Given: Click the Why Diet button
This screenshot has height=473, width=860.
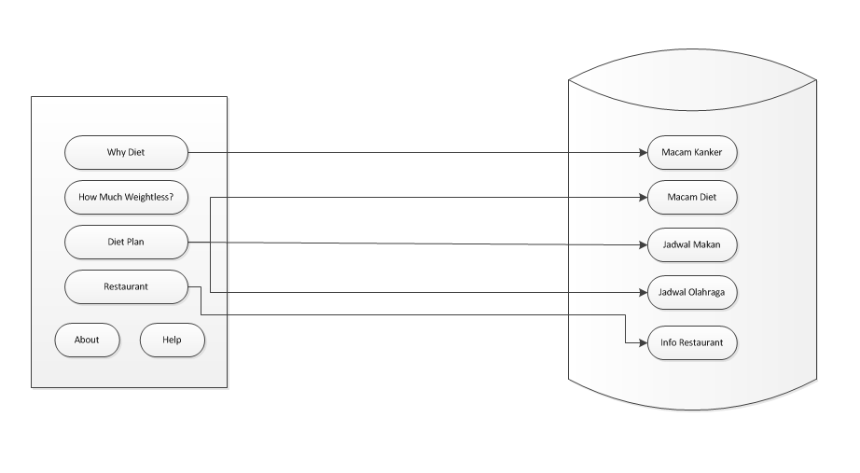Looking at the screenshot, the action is coord(126,152).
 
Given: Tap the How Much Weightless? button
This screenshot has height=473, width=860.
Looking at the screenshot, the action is coord(126,198).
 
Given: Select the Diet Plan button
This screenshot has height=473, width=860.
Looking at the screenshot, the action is coord(126,242).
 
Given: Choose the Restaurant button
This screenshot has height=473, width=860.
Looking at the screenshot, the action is coord(126,286).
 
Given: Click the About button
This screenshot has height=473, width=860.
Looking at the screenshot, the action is coord(87,340).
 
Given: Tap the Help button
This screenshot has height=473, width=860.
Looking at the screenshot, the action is coord(172,340).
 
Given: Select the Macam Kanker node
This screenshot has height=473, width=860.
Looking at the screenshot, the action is coord(692,152).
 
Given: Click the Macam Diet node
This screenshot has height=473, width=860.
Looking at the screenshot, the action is coord(692,198).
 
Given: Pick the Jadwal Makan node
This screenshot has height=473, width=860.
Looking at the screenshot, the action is coord(692,245).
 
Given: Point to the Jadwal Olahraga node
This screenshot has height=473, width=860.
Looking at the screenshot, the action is coord(692,293).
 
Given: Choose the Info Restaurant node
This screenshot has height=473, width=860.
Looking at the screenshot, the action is coord(692,342).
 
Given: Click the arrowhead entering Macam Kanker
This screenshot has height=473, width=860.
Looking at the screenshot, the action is coord(643,152).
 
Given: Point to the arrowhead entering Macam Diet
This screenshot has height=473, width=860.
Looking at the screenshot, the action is coord(643,198).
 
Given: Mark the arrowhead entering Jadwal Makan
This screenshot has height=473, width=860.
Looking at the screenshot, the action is coord(643,245).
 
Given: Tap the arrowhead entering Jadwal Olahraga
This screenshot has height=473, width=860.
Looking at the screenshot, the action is coord(643,293).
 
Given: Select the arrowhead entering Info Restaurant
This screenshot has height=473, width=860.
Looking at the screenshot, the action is coord(643,342).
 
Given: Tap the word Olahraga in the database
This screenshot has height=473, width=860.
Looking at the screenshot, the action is coord(711,293).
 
